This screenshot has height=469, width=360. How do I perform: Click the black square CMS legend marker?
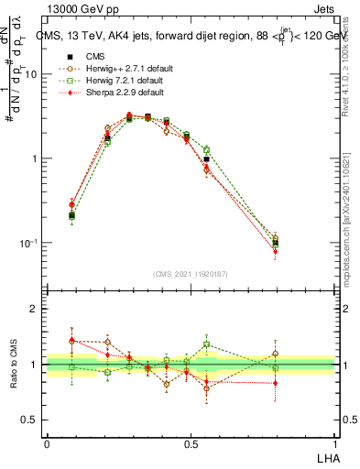pyautogui.click(x=67, y=56)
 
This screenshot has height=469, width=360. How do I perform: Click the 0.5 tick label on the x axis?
pyautogui.click(x=190, y=443)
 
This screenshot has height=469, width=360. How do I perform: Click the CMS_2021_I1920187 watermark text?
pyautogui.click(x=190, y=273)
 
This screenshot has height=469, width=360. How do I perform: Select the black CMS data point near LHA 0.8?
pyautogui.click(x=276, y=244)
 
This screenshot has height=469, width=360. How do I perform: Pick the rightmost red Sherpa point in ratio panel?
pyautogui.click(x=276, y=383)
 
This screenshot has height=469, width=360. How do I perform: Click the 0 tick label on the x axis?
pyautogui.click(x=47, y=443)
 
